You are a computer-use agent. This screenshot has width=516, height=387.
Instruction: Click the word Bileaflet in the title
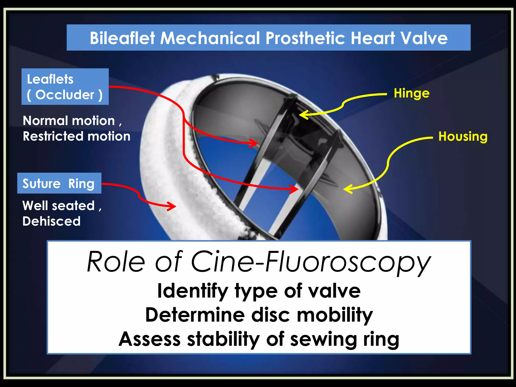(123, 38)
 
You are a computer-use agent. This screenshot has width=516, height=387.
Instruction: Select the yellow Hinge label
(411, 93)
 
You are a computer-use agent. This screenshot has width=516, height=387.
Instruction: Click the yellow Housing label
(463, 137)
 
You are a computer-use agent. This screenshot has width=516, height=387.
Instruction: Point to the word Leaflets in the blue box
(50, 79)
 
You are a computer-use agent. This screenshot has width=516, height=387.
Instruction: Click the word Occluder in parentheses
(65, 95)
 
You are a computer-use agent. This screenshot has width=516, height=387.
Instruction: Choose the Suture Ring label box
(59, 183)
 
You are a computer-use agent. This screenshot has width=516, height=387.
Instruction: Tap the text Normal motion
(69, 121)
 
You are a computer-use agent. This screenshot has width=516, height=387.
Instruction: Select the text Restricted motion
(77, 136)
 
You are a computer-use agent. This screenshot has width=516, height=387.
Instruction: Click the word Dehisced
(51, 221)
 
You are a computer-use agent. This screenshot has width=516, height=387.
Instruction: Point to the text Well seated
(59, 206)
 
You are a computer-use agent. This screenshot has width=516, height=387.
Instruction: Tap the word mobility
(335, 315)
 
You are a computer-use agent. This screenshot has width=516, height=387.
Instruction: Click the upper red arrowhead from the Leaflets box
(254, 143)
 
